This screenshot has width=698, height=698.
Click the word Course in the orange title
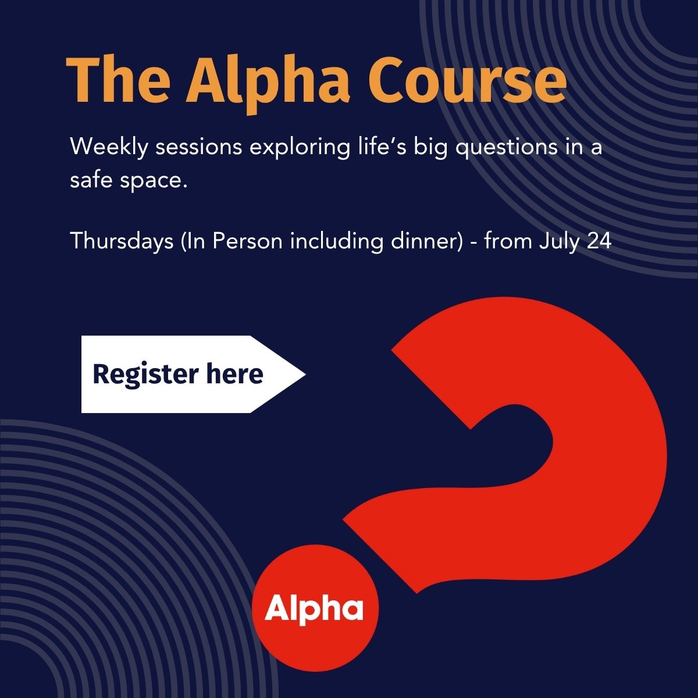468,81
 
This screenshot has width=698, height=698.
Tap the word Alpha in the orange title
268,84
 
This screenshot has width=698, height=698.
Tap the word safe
91,179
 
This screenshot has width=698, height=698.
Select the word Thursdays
122,241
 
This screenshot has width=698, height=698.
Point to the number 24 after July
599,241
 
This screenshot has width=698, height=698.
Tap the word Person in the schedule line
247,241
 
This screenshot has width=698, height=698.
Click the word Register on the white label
145,375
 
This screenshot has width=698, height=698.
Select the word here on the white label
235,373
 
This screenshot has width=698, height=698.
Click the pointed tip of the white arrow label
305,374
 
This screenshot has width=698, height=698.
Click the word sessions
199,147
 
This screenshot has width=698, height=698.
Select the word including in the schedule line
337,241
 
